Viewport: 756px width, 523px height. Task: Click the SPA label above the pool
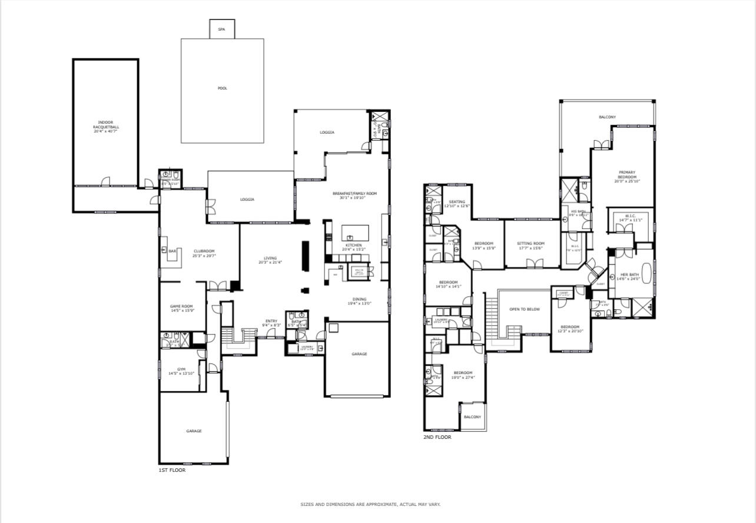point(221,29)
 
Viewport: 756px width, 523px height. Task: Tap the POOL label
point(222,88)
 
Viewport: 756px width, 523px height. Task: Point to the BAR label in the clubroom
point(173,251)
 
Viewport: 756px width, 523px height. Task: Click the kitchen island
point(355,231)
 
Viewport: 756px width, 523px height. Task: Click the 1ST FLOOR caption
point(172,470)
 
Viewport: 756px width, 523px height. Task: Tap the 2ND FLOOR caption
point(437,437)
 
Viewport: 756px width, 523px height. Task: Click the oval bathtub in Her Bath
point(648,274)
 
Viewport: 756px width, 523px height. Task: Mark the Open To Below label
point(525,309)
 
